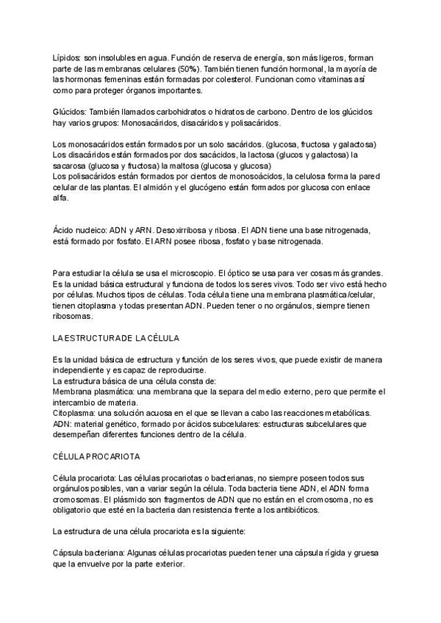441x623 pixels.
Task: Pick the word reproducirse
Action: coord(177,370)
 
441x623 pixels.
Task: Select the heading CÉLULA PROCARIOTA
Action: coord(98,456)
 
